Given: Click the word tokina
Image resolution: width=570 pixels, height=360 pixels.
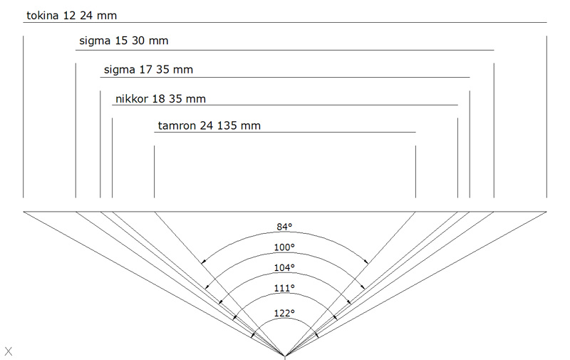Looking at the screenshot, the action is click(x=42, y=16).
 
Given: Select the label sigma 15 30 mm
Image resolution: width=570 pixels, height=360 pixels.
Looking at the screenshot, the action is click(x=123, y=41).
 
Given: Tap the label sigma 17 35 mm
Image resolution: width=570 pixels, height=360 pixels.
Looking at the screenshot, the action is click(x=148, y=69).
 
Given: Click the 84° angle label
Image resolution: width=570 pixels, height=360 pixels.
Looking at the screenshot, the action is click(x=284, y=227).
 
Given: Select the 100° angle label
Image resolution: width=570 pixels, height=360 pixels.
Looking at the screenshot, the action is click(x=284, y=247).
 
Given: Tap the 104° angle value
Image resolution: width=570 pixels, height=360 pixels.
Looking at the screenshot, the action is click(x=284, y=267).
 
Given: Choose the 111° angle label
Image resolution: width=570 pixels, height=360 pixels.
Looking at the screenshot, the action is click(x=284, y=289).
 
